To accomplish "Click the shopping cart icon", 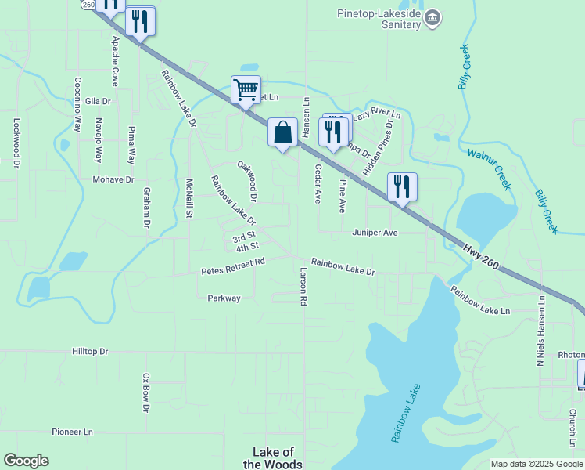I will click(x=246, y=89).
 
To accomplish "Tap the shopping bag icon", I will click(x=282, y=132).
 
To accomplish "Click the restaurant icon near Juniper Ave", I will click(x=402, y=187).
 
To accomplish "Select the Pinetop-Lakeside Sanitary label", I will click(x=379, y=19).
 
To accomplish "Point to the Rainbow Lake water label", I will click(x=405, y=414).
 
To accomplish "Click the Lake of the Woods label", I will click(x=273, y=458).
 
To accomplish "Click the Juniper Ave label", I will click(x=375, y=233).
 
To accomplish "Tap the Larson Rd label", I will click(x=303, y=285).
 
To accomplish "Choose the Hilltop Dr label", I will click(x=90, y=352).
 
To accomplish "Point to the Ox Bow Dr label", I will click(x=145, y=392).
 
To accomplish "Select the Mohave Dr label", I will click(x=113, y=179).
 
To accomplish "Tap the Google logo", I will click(x=26, y=461).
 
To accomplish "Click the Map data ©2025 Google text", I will click(x=537, y=464).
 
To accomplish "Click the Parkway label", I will click(x=224, y=298).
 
